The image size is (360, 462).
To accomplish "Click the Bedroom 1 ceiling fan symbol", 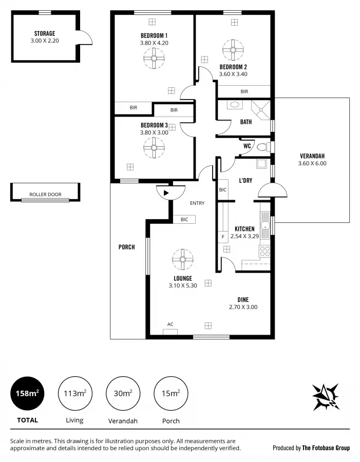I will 153,58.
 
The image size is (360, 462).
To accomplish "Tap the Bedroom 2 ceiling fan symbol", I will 233,50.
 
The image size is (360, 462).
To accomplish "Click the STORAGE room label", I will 45,33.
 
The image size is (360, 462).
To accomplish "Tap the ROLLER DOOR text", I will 45,195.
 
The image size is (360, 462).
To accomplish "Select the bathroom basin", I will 235,105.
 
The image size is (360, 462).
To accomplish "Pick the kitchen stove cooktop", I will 265,252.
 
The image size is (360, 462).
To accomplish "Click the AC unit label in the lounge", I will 170,324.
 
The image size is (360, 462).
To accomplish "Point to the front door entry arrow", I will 166,192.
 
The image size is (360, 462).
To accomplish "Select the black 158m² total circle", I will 27,394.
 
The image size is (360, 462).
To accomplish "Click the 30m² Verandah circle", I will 123,394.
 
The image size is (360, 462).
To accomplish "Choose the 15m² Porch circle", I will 171,394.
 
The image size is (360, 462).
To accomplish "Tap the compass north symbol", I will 326,396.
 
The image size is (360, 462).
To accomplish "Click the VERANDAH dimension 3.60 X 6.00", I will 312,164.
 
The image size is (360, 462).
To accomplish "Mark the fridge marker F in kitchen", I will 223,237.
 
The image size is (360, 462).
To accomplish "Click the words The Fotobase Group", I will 326,448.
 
